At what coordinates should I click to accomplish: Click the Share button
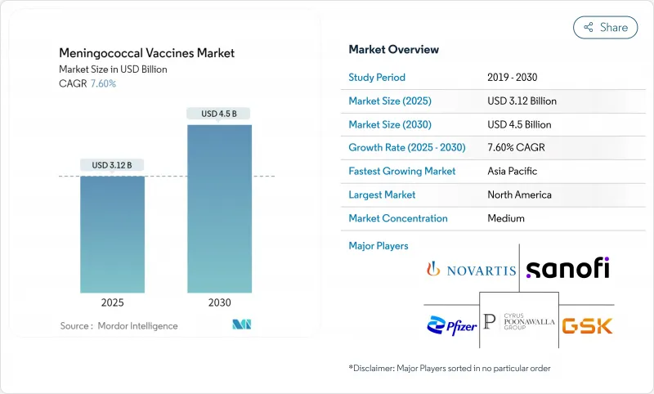(605, 27)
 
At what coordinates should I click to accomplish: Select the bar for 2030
(219, 208)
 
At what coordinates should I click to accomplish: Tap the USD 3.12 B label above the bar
(112, 165)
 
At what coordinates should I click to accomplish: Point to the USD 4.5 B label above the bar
(219, 114)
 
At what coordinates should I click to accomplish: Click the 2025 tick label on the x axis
(112, 302)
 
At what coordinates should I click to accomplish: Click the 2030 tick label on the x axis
(219, 302)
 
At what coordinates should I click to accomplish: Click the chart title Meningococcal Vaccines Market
(146, 53)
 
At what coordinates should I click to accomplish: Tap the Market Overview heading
(393, 50)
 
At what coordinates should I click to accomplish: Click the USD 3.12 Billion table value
(522, 101)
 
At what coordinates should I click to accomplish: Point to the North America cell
(518, 195)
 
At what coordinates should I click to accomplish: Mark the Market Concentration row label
(398, 218)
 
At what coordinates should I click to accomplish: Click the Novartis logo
(471, 269)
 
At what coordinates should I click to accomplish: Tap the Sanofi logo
(567, 267)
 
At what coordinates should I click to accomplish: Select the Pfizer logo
(450, 325)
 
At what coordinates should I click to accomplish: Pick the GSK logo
(588, 325)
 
